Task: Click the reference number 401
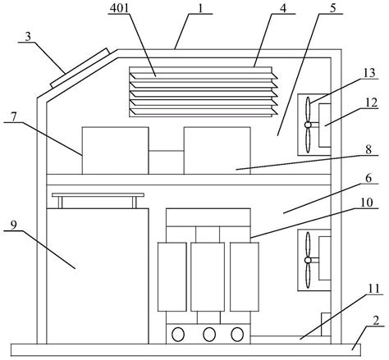pos(119,8)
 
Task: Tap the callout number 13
pos(369,73)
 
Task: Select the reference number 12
pos(372,103)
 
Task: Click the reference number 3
pos(28,36)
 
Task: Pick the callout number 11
pos(373,289)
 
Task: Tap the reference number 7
pos(14,117)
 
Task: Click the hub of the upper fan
pos(308,125)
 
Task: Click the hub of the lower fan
pos(308,260)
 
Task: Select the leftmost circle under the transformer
pos(178,335)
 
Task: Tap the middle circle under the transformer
pos(209,335)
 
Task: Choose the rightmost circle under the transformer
pos(237,335)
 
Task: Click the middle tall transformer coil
pos(208,276)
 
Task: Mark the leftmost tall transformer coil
pos(172,276)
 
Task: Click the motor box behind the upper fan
pos(325,125)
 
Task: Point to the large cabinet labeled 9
pos(98,276)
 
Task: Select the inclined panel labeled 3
pos(80,68)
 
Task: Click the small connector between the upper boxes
pos(167,162)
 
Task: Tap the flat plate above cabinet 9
pos(98,195)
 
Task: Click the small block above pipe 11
pos(326,324)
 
